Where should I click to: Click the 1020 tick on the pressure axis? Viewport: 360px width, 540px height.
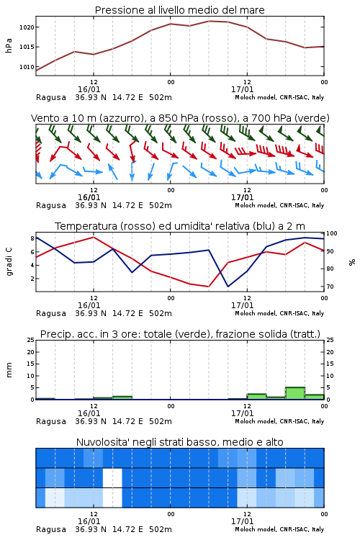[27, 27]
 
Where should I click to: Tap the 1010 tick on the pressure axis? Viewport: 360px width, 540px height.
[27, 67]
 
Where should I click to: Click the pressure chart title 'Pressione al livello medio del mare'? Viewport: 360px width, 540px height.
[180, 10]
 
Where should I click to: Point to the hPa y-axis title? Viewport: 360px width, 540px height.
[9, 45]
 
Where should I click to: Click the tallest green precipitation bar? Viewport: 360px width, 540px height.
[295, 393]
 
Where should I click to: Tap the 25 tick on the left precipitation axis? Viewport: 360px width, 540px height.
[31, 340]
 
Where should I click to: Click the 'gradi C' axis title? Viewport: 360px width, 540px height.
[9, 262]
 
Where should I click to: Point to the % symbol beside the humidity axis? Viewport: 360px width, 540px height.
[352, 262]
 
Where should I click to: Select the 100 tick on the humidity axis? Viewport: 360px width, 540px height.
[332, 233]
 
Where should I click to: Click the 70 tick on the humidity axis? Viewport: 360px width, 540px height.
[330, 287]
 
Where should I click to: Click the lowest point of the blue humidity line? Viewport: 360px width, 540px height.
[228, 287]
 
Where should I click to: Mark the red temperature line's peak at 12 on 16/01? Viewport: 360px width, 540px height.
[94, 237]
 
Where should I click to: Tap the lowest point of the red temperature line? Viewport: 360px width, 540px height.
[209, 287]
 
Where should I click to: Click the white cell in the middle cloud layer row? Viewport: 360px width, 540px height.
[112, 477]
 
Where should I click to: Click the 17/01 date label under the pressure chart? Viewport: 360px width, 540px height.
[242, 89]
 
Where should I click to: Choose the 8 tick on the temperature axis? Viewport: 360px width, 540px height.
[32, 238]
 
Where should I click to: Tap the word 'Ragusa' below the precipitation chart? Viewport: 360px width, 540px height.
[51, 421]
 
